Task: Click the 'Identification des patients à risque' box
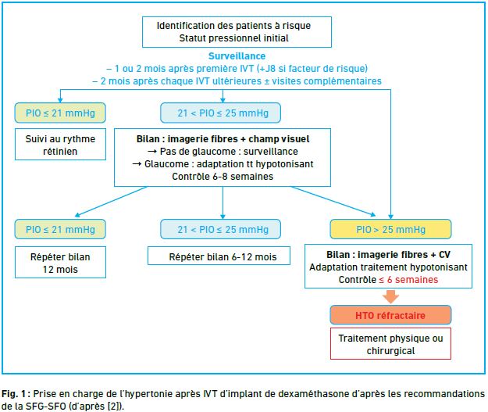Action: tap(237, 32)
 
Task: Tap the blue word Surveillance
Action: tap(237, 56)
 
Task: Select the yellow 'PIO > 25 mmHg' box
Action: tap(390, 229)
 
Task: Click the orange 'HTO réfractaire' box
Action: tap(390, 315)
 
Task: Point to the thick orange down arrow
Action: tap(390, 297)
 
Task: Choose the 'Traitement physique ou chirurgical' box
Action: tap(390, 344)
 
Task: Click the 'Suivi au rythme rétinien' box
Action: tap(60, 145)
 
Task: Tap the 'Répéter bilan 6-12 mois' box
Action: tap(219, 256)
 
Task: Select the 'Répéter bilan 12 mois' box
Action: tap(60, 263)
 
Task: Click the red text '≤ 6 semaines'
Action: tap(408, 280)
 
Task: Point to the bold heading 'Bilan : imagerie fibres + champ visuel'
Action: tap(223, 139)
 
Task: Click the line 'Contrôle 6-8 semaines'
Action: tap(223, 177)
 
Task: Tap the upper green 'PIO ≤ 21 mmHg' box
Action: tap(60, 113)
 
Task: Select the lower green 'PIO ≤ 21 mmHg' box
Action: tap(60, 229)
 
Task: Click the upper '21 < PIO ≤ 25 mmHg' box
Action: tap(221, 113)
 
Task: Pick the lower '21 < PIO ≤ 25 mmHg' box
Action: tap(221, 229)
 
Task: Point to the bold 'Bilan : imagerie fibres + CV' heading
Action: tap(388, 255)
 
